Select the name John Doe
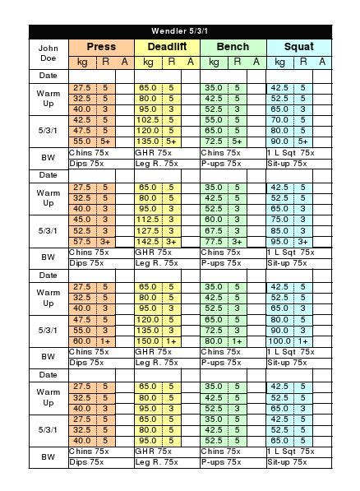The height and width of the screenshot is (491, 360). pos(48,54)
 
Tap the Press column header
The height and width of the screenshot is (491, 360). pos(100,47)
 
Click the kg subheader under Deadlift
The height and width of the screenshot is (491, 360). pos(148,62)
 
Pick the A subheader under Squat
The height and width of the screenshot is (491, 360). pos(322,62)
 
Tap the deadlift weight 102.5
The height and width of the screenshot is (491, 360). pos(148,119)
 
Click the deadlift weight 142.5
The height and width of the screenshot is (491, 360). pos(148,242)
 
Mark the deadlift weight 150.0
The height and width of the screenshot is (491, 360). pos(148,340)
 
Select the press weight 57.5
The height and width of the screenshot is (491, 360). pos(82,242)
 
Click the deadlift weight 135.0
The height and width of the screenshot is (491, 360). pos(148,141)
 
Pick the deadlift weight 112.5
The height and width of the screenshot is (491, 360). pos(148,220)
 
